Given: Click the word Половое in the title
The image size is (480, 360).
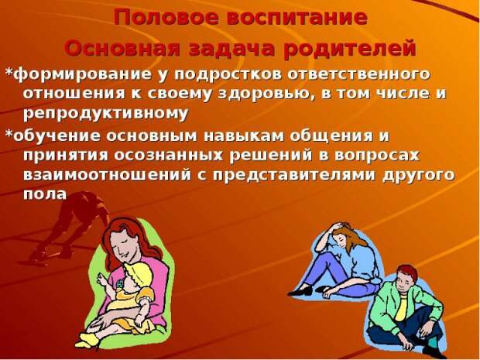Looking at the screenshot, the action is click(167, 17).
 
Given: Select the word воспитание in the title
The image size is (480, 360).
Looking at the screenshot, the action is click(297, 17).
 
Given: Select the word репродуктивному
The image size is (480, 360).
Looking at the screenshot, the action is click(105, 114).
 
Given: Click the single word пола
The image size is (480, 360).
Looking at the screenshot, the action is click(45, 194).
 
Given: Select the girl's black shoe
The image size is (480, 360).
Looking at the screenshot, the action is click(300, 291).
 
